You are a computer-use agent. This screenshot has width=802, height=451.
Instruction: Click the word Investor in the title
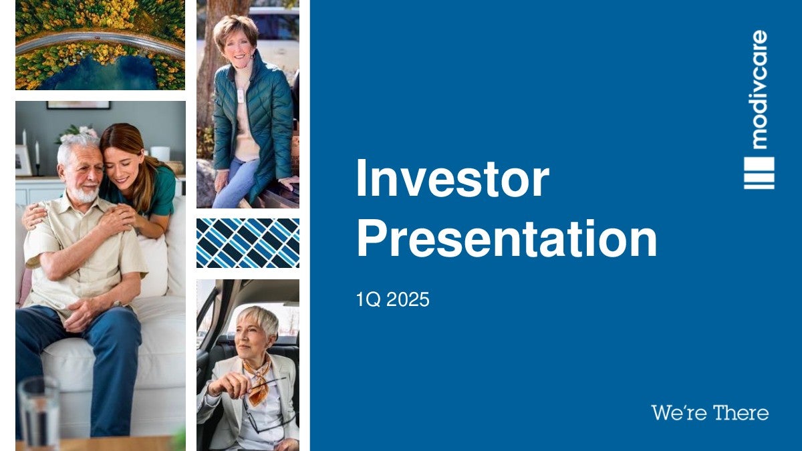[x=452, y=179]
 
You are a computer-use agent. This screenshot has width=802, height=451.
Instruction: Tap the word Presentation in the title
[x=507, y=239]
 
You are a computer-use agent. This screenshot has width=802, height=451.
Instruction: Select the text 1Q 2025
[x=392, y=299]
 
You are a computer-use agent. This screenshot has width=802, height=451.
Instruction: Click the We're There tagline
[x=710, y=413]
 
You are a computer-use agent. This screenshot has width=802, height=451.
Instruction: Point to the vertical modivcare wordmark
[x=759, y=90]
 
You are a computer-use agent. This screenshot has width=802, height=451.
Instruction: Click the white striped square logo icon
[x=759, y=173]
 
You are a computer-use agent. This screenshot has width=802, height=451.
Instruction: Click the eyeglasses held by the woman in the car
[x=265, y=404]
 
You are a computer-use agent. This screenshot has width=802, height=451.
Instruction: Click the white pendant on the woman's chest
[x=240, y=95]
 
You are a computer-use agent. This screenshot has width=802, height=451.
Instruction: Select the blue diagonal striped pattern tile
[x=248, y=243]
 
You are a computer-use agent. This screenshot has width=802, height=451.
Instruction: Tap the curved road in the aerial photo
[x=100, y=40]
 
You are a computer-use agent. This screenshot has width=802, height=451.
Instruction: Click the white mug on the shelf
[x=160, y=154]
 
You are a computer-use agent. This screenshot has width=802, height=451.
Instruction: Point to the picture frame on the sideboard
[x=23, y=160]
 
